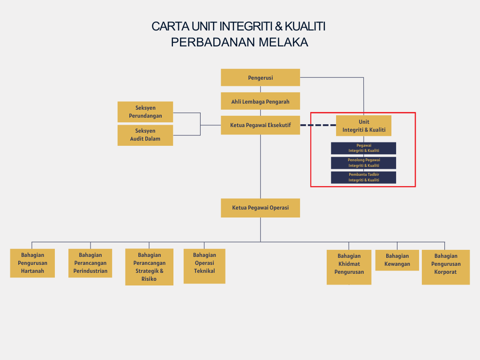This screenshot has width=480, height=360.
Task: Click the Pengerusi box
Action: click(260, 78)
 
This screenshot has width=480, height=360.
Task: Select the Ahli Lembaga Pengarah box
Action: click(260, 101)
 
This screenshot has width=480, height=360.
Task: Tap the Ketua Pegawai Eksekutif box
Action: click(260, 125)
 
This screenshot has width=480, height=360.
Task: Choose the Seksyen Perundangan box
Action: click(145, 112)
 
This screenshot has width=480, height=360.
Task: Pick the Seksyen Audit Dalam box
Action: click(145, 135)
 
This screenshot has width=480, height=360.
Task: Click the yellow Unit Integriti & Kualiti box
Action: click(364, 126)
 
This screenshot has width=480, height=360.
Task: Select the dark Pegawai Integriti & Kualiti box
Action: click(364, 148)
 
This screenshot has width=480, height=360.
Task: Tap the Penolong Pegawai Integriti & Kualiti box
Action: click(364, 163)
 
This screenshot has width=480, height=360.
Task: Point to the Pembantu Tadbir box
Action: click(364, 177)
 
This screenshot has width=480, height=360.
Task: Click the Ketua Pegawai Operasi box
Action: click(260, 208)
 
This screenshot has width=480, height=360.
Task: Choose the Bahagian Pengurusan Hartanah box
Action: click(32, 263)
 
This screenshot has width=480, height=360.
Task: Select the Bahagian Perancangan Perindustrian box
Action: click(90, 263)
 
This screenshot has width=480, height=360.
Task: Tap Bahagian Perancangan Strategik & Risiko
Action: click(149, 267)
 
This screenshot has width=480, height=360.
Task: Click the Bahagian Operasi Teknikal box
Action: click(204, 266)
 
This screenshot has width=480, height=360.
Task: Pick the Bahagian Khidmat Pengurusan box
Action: click(349, 267)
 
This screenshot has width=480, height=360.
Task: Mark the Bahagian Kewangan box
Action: click(397, 260)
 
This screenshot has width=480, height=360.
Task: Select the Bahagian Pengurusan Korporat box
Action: click(445, 267)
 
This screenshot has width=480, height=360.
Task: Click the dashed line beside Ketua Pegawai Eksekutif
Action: click(318, 125)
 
